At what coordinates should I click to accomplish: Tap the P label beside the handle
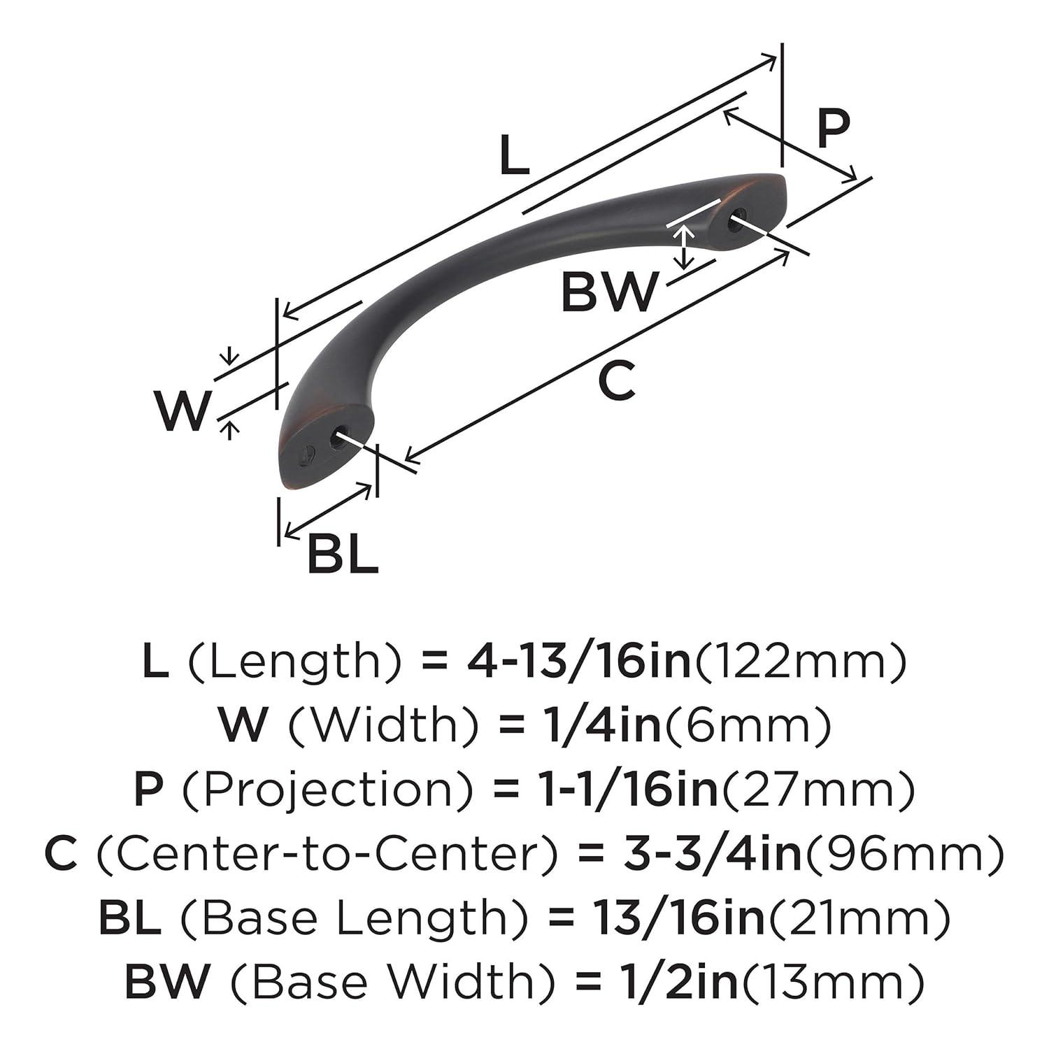(x=833, y=129)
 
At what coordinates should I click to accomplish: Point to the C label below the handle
(x=617, y=381)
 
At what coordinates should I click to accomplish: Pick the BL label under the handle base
(x=343, y=555)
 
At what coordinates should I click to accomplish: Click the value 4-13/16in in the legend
(x=578, y=661)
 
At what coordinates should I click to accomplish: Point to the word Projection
(x=329, y=789)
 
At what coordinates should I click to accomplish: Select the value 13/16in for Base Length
(x=678, y=918)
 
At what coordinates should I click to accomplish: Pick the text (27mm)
(x=818, y=789)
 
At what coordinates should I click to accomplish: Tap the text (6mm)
(x=748, y=725)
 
